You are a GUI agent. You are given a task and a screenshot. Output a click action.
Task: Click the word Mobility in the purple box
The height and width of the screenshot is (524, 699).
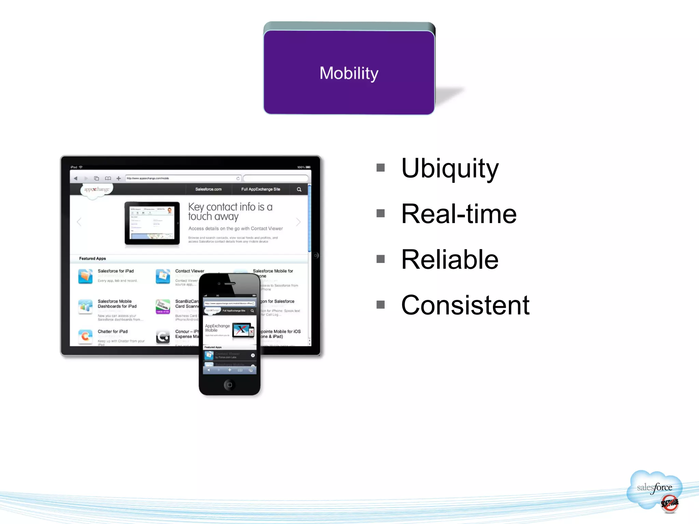(x=349, y=73)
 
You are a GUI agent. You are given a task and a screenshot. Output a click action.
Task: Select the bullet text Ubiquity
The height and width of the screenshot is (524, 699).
(x=450, y=168)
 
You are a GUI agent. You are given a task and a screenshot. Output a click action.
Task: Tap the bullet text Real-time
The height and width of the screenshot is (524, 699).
(x=458, y=214)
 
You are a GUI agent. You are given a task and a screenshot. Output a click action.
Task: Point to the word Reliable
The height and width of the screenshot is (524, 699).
(x=450, y=260)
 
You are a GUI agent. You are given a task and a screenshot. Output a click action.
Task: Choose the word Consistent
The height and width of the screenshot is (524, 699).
(x=465, y=305)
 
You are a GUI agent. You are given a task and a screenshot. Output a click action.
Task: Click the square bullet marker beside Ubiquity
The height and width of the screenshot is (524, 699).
(x=381, y=168)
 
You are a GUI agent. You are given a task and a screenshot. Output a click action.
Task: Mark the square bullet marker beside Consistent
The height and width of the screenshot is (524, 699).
(x=381, y=304)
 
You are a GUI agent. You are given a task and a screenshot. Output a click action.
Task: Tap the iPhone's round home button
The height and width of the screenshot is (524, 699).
(x=229, y=385)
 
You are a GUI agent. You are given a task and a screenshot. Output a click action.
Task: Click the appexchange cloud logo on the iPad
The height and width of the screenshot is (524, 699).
(x=96, y=190)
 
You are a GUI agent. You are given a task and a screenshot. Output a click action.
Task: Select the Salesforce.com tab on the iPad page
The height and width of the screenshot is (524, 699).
(x=208, y=189)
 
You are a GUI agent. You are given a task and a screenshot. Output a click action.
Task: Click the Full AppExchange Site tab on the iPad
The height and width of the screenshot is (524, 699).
(x=260, y=189)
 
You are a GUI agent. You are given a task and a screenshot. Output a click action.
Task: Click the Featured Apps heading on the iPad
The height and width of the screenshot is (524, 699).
(x=92, y=259)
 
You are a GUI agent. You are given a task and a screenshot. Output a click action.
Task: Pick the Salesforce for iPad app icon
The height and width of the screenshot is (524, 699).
(x=85, y=276)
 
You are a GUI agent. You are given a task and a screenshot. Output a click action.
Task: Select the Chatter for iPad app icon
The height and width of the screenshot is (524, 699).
(x=85, y=336)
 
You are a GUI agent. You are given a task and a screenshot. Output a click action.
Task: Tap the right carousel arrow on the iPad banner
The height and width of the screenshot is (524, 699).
(x=298, y=222)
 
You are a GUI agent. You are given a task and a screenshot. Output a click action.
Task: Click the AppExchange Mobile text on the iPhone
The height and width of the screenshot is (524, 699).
(x=217, y=328)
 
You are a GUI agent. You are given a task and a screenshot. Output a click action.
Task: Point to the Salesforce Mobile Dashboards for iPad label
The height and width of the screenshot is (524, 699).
(x=117, y=304)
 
